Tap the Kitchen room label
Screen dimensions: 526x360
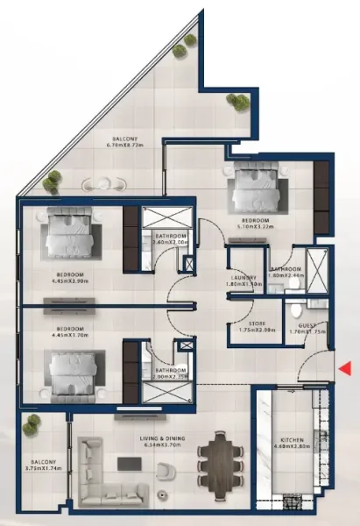click(x=291, y=440)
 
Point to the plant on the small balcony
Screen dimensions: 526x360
click(x=32, y=425)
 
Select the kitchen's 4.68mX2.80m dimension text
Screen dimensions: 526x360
click(x=291, y=448)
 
